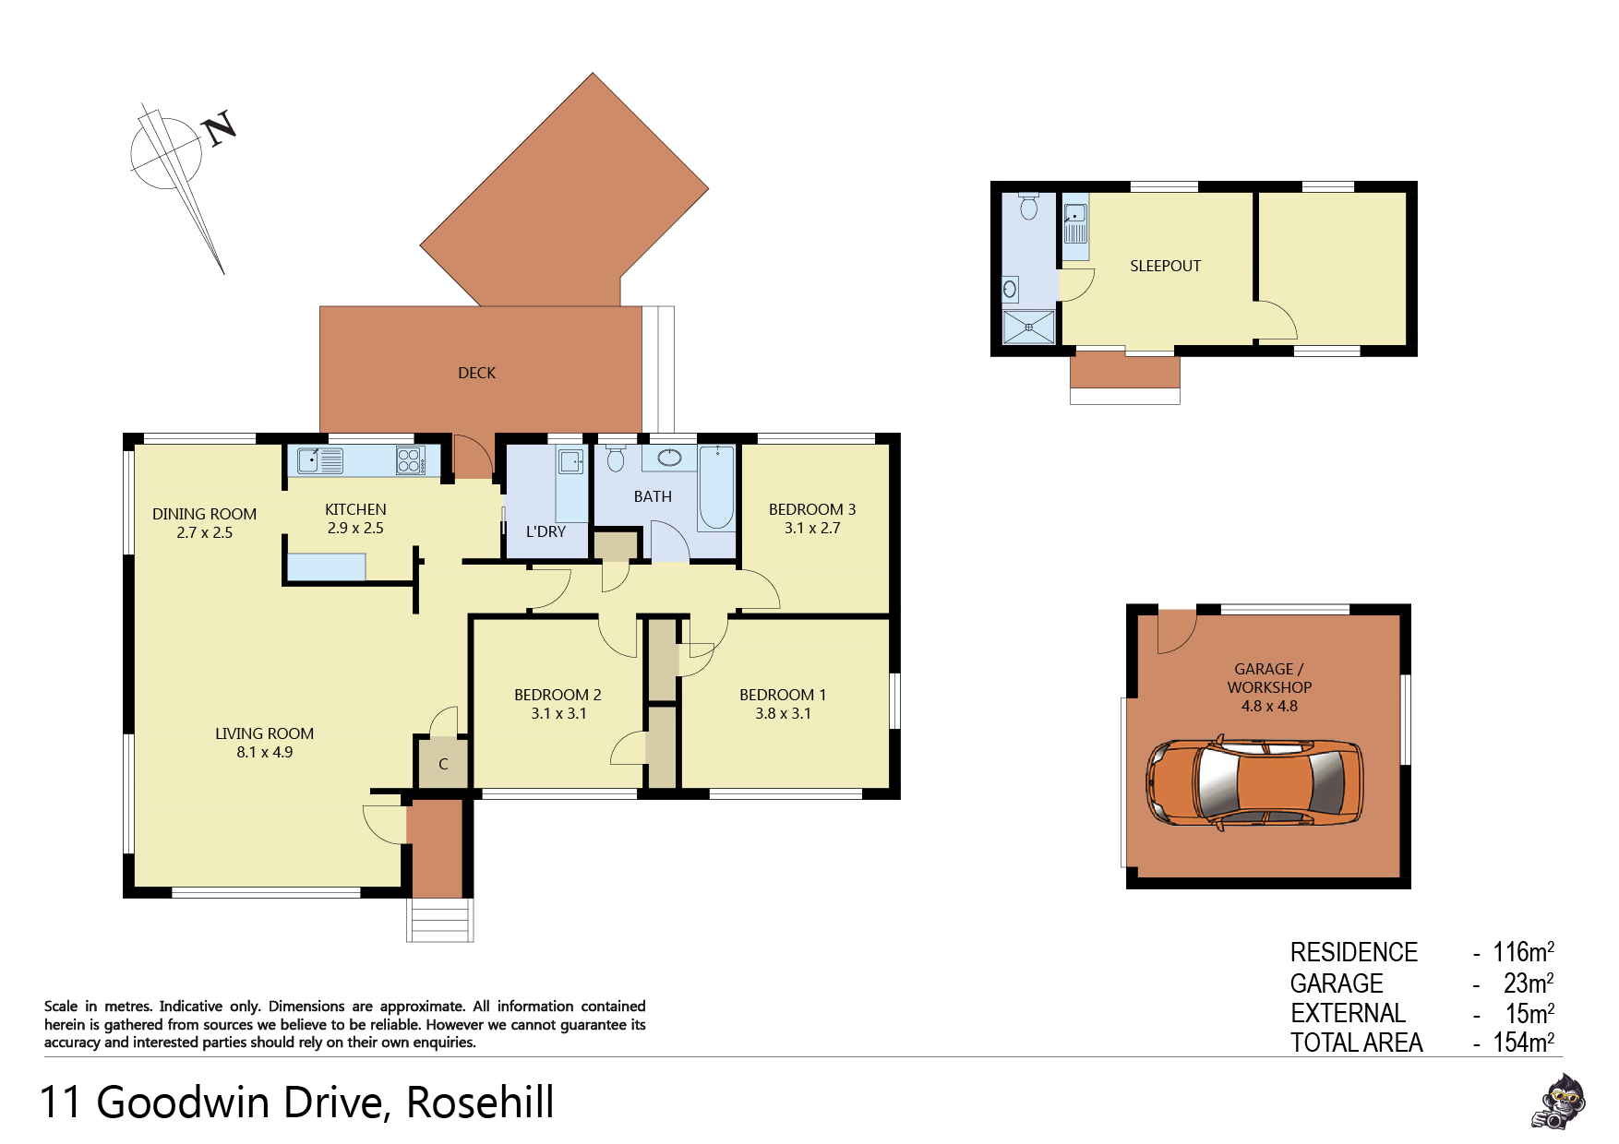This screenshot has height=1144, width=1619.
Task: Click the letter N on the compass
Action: (x=220, y=128)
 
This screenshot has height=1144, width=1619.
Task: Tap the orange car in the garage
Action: (x=1254, y=781)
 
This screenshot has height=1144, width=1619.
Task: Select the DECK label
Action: (x=476, y=373)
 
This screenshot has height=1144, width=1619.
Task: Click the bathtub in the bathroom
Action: (x=716, y=487)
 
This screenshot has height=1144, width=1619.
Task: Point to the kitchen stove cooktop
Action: (x=411, y=460)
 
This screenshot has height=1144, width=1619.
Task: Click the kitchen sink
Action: (x=319, y=460)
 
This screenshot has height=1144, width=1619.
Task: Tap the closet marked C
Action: (x=443, y=764)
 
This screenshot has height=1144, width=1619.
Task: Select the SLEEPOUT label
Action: (x=1165, y=266)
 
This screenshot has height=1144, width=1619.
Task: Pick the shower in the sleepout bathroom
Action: (x=1028, y=327)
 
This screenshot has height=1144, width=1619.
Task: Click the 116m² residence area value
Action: (x=1523, y=951)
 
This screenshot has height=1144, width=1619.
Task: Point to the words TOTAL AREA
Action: (x=1356, y=1043)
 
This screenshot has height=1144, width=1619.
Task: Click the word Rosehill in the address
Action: (x=480, y=1102)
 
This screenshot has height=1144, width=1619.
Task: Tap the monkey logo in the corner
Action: (x=1558, y=1102)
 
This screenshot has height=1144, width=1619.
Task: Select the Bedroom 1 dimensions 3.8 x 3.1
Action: (x=783, y=713)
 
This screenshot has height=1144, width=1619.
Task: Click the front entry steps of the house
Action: (x=440, y=920)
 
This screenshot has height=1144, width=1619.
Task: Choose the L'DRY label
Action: (x=546, y=531)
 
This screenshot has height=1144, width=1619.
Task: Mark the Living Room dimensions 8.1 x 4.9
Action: (x=264, y=752)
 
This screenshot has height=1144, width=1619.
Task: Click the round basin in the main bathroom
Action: (x=669, y=457)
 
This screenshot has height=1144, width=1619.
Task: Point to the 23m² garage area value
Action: (x=1529, y=983)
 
